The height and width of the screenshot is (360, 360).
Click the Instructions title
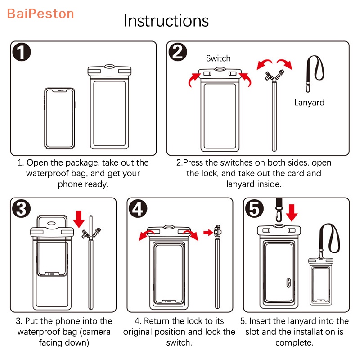[x=166, y=21]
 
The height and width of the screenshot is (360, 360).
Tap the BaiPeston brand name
[x=40, y=13]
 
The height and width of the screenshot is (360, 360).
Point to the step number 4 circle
[x=138, y=208]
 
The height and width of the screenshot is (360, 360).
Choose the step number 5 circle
[x=255, y=208]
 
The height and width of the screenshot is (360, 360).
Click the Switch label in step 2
[x=218, y=58]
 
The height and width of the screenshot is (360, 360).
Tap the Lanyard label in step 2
[x=309, y=102]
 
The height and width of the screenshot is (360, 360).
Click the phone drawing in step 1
[x=60, y=117]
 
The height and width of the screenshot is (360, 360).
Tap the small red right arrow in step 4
[x=207, y=232]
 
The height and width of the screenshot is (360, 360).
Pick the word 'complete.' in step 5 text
[x=294, y=342]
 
